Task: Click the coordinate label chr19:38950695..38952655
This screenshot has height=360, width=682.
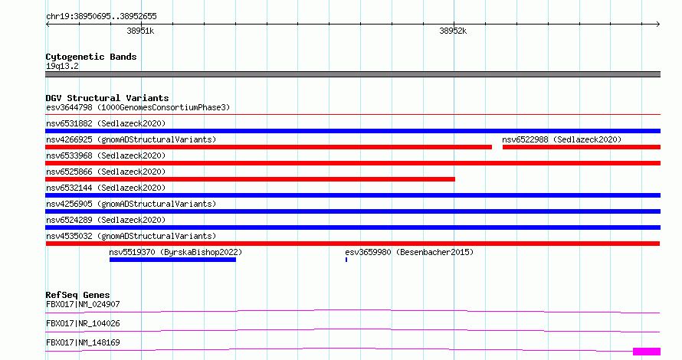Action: click(x=101, y=17)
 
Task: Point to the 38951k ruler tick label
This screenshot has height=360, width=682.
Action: click(x=140, y=31)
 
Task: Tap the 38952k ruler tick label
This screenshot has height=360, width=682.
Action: click(x=453, y=31)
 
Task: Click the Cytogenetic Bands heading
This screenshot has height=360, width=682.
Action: click(x=91, y=57)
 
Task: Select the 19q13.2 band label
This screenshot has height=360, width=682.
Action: click(x=62, y=66)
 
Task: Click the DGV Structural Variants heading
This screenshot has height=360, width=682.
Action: click(x=107, y=98)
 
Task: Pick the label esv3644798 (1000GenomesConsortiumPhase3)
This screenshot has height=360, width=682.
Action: click(x=138, y=107)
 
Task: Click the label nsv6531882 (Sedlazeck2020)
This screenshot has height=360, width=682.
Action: click(x=106, y=123)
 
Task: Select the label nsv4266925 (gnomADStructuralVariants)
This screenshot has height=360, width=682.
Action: click(x=131, y=139)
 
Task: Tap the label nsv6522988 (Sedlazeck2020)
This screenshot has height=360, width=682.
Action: click(x=562, y=139)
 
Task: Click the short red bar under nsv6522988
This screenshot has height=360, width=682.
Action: click(x=582, y=147)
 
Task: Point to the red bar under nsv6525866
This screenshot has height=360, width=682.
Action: click(x=250, y=179)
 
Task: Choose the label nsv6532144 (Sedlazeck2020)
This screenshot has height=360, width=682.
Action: click(x=106, y=188)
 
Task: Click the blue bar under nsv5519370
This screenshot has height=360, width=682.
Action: click(x=172, y=260)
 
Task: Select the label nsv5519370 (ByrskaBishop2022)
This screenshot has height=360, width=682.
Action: click(x=175, y=252)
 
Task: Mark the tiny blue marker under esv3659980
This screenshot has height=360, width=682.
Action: click(x=346, y=260)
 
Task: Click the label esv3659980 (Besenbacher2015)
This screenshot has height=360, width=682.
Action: click(x=409, y=252)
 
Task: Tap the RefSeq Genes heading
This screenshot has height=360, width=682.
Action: click(x=77, y=295)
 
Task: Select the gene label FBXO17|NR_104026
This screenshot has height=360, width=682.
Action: click(x=83, y=323)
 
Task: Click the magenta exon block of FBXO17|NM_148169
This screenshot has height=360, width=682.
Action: click(x=647, y=352)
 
